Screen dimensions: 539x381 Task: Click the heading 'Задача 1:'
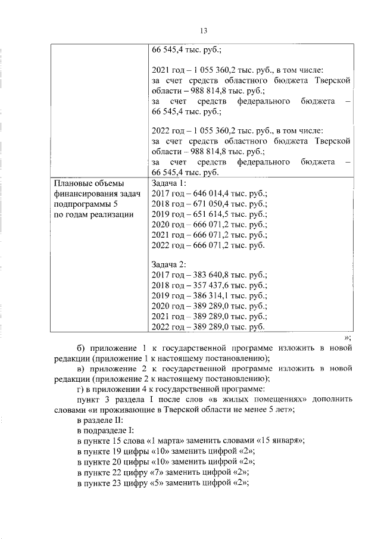tap(170, 183)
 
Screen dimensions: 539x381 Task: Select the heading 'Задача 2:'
tap(170, 263)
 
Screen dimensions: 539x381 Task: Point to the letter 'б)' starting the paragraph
tap(82, 347)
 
